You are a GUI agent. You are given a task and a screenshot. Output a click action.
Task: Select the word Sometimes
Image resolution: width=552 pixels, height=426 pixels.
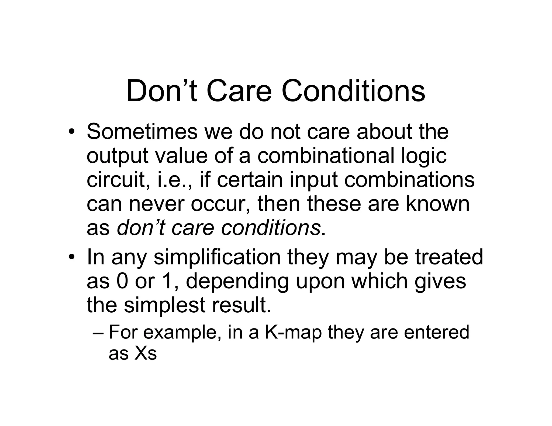click(x=142, y=132)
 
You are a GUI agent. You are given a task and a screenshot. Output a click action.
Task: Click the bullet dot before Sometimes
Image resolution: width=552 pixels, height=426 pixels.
click(x=71, y=132)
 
